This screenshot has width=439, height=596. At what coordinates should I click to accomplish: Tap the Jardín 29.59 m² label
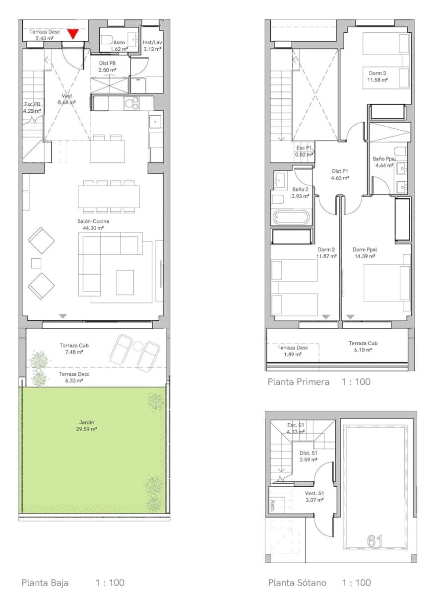tap(86, 426)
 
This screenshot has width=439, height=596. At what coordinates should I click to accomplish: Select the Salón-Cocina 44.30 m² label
tap(93, 224)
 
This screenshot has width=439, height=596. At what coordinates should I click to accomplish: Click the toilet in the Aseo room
tap(107, 39)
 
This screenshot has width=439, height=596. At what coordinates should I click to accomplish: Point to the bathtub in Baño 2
tap(291, 217)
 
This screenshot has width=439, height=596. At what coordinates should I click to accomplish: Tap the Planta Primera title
tap(299, 382)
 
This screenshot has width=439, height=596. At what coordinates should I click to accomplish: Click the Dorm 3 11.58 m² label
tap(377, 76)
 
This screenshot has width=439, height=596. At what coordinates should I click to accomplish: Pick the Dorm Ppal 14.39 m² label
tap(365, 253)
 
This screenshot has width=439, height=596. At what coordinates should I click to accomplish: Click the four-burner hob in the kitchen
tap(131, 103)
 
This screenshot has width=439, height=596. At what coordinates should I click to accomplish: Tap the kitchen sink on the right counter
tap(155, 122)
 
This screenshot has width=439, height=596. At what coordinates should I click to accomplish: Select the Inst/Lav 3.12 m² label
tap(152, 46)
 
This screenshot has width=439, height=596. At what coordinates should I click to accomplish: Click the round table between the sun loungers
tap(138, 346)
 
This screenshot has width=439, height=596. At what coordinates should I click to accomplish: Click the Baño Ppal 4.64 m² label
tap(384, 162)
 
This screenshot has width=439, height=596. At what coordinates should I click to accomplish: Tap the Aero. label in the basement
tap(272, 506)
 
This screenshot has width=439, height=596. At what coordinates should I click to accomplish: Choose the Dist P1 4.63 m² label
tap(340, 174)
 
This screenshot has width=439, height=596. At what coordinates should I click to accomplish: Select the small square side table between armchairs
tap(36, 263)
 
